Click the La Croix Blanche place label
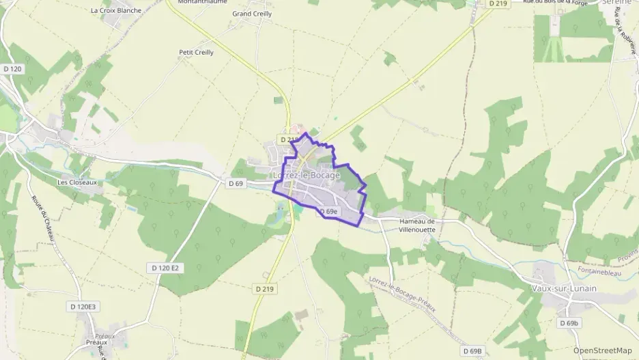coord(116,10)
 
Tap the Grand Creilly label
coord(252,14)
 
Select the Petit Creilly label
coord(196,52)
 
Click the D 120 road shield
coord(12,69)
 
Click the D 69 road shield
coord(236,183)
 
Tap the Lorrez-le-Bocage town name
coord(306,175)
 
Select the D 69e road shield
coord(328,212)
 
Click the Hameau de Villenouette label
coord(416,225)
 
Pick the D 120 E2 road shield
coord(165,268)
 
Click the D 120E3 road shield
coord(87,307)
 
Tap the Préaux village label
coord(97,342)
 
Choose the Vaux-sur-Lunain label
coord(564,288)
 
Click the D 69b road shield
coord(568,322)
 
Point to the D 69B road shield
coord(472,351)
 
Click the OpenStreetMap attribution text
coord(602,350)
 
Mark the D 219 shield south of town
coord(264,289)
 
